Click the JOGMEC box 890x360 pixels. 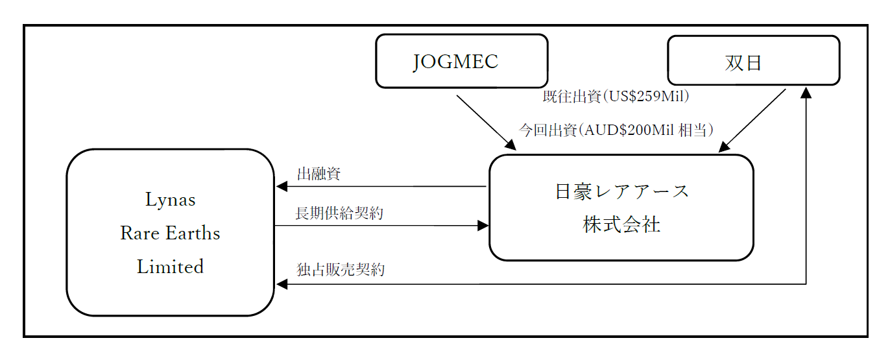(x=461, y=61)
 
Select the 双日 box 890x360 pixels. (x=753, y=61)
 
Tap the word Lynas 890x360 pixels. (x=170, y=199)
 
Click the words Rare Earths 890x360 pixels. (x=170, y=233)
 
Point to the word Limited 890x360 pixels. (x=170, y=267)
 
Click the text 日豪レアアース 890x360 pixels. (x=621, y=191)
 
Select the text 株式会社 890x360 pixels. (x=621, y=225)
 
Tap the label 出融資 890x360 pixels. (x=319, y=174)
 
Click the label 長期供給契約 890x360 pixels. (x=339, y=213)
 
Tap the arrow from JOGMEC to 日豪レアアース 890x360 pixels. (x=485, y=122)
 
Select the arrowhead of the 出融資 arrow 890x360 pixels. (x=282, y=187)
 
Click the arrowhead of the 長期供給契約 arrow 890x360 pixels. (x=483, y=226)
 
